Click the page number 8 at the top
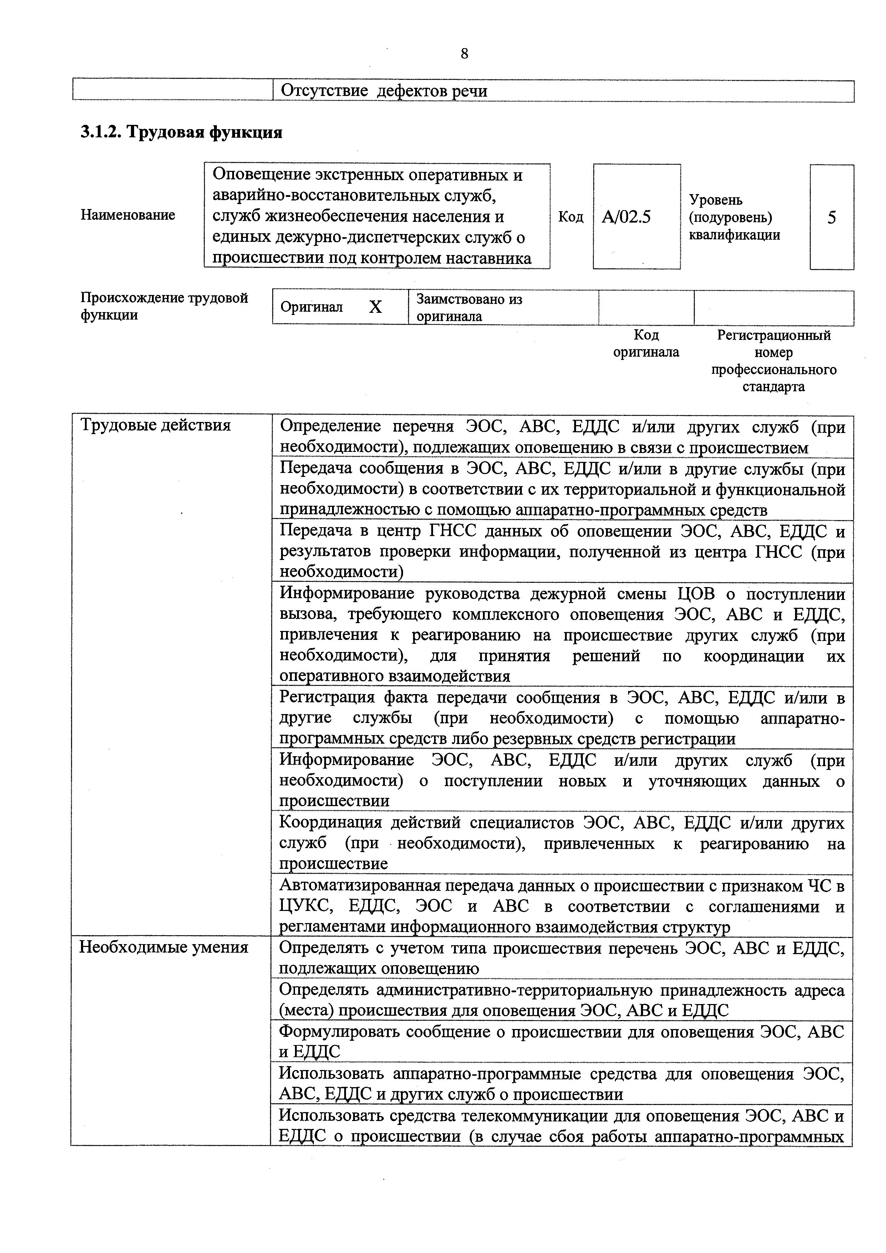(x=464, y=54)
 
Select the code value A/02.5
(x=626, y=218)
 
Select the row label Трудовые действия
(x=156, y=425)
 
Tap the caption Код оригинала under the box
(x=646, y=343)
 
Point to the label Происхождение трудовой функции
(x=164, y=306)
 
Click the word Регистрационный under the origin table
(x=774, y=335)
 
